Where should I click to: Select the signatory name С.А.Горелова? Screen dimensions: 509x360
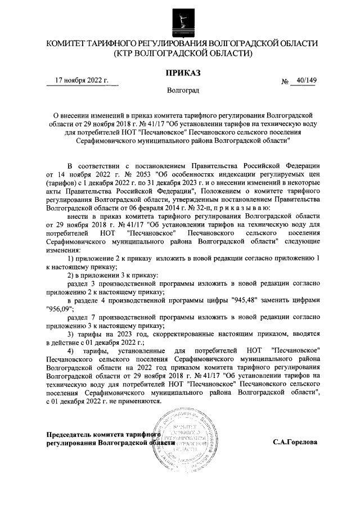[x=295, y=442]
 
